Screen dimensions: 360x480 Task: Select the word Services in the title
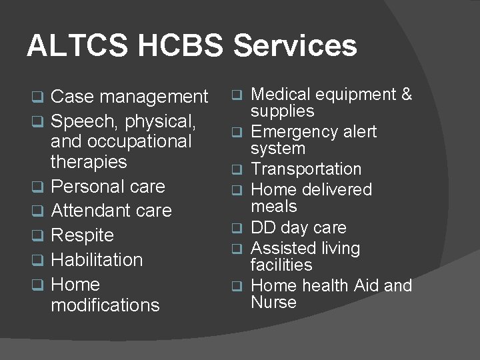[295, 46]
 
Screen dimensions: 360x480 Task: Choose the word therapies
[89, 161]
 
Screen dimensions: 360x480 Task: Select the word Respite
[82, 235]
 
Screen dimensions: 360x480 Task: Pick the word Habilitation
[97, 259]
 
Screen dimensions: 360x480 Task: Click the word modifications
[105, 305]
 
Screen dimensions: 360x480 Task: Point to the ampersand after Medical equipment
[406, 95]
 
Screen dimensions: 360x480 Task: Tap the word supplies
[282, 111]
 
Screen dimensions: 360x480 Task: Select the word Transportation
[306, 169]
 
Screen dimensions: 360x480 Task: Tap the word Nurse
[273, 302]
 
